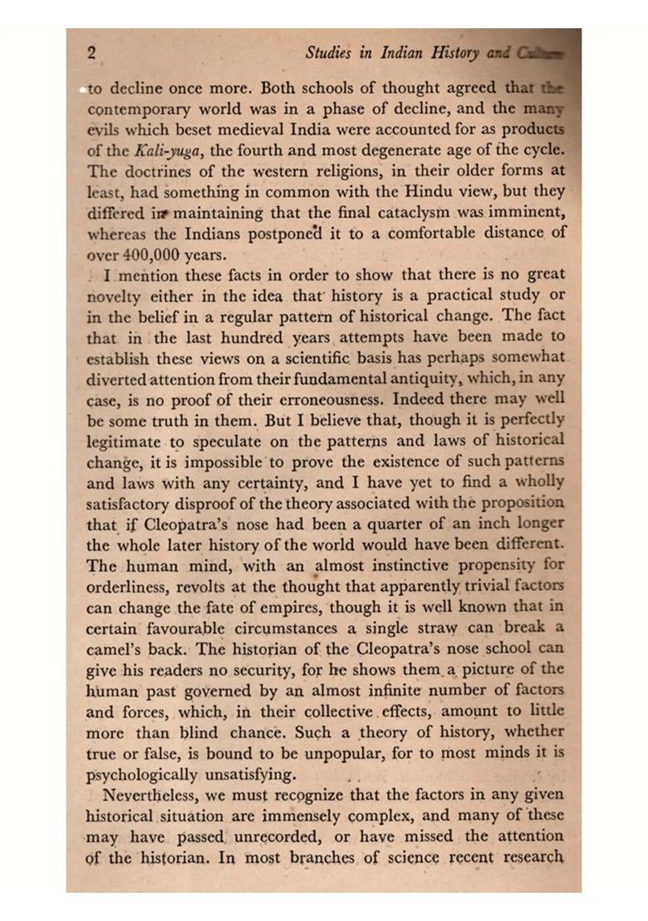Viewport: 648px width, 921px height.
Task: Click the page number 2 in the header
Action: click(91, 52)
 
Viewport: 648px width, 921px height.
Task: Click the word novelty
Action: click(114, 296)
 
